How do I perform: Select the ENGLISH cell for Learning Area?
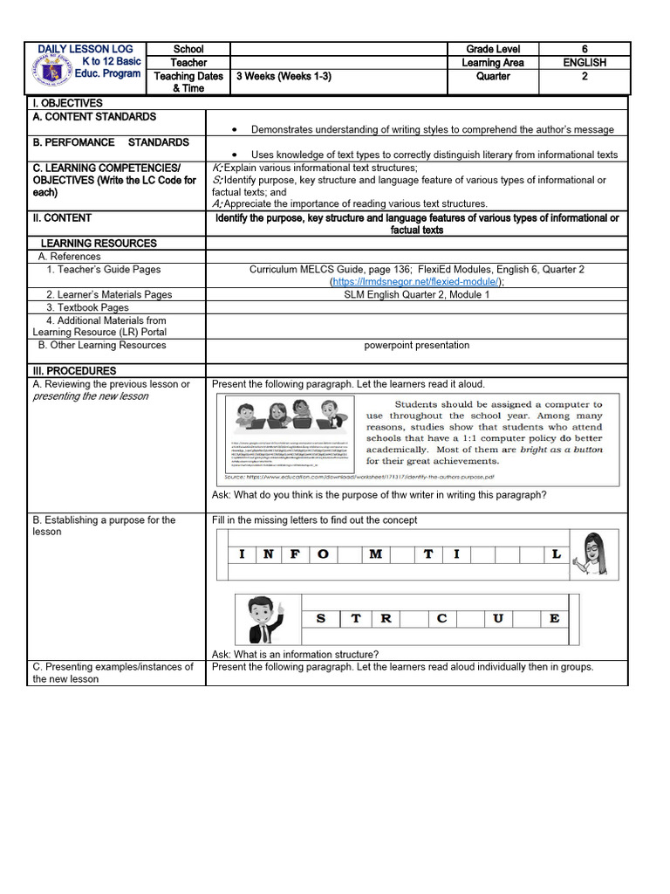tap(584, 63)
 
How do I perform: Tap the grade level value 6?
tap(584, 50)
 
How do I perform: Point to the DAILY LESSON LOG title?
tap(85, 49)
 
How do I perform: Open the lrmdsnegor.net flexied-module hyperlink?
tap(415, 282)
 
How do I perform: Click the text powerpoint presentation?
tap(416, 345)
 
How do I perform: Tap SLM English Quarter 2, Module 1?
tap(416, 295)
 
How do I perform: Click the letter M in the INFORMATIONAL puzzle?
tap(376, 554)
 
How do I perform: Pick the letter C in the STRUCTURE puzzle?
tap(442, 619)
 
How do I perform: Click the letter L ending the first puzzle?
tap(556, 554)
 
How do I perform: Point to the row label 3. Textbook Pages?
tap(87, 307)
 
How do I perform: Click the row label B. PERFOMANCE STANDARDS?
tap(111, 142)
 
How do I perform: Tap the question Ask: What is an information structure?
tap(295, 654)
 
